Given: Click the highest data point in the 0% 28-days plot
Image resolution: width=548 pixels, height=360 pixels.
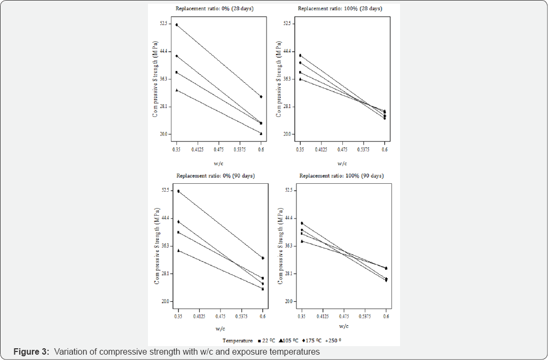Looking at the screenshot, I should click(x=176, y=25).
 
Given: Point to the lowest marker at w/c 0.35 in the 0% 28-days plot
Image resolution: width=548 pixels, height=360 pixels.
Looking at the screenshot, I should click(x=176, y=90).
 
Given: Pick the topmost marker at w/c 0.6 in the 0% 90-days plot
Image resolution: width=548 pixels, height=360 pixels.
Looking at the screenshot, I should click(x=262, y=258).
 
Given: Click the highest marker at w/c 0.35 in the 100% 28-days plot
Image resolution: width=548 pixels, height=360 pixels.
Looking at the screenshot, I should click(x=300, y=56).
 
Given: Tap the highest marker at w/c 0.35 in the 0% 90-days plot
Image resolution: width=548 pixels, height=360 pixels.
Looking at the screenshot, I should click(x=178, y=191).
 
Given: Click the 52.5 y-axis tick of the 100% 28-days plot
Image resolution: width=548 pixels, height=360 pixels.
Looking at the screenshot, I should click(x=288, y=24).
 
